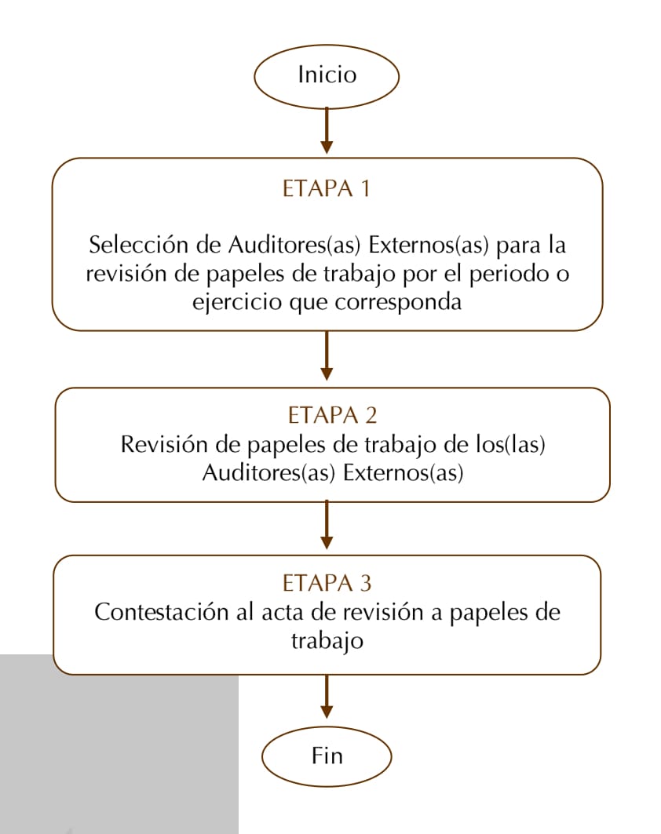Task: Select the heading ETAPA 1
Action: click(x=327, y=189)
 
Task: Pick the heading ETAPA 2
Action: click(x=332, y=415)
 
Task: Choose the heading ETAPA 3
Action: click(x=327, y=584)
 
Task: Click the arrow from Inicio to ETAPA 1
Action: click(x=327, y=131)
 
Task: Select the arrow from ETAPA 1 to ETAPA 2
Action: click(x=327, y=355)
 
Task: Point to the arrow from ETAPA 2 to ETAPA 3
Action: click(x=327, y=525)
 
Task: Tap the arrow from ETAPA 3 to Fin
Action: click(x=327, y=697)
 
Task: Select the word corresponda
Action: click(x=398, y=303)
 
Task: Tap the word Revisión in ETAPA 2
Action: click(x=164, y=445)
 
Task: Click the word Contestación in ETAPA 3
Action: click(x=161, y=612)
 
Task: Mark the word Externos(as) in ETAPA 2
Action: click(x=403, y=473)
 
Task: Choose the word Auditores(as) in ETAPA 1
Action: click(x=294, y=246)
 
